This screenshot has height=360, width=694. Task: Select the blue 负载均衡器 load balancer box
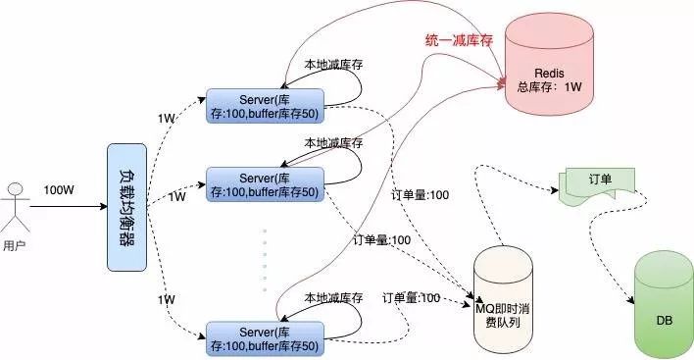tap(127, 207)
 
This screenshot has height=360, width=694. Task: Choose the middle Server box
tap(264, 183)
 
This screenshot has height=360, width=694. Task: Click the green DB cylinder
tap(664, 304)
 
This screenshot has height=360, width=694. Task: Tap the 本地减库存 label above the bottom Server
tap(333, 297)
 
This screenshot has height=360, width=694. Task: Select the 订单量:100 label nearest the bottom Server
tap(411, 297)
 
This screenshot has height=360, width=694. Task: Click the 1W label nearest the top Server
tap(167, 119)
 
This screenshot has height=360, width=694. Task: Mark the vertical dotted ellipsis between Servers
tap(264, 260)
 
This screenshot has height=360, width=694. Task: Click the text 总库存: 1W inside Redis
tap(550, 87)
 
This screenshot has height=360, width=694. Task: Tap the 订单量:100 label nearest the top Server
tap(421, 195)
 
